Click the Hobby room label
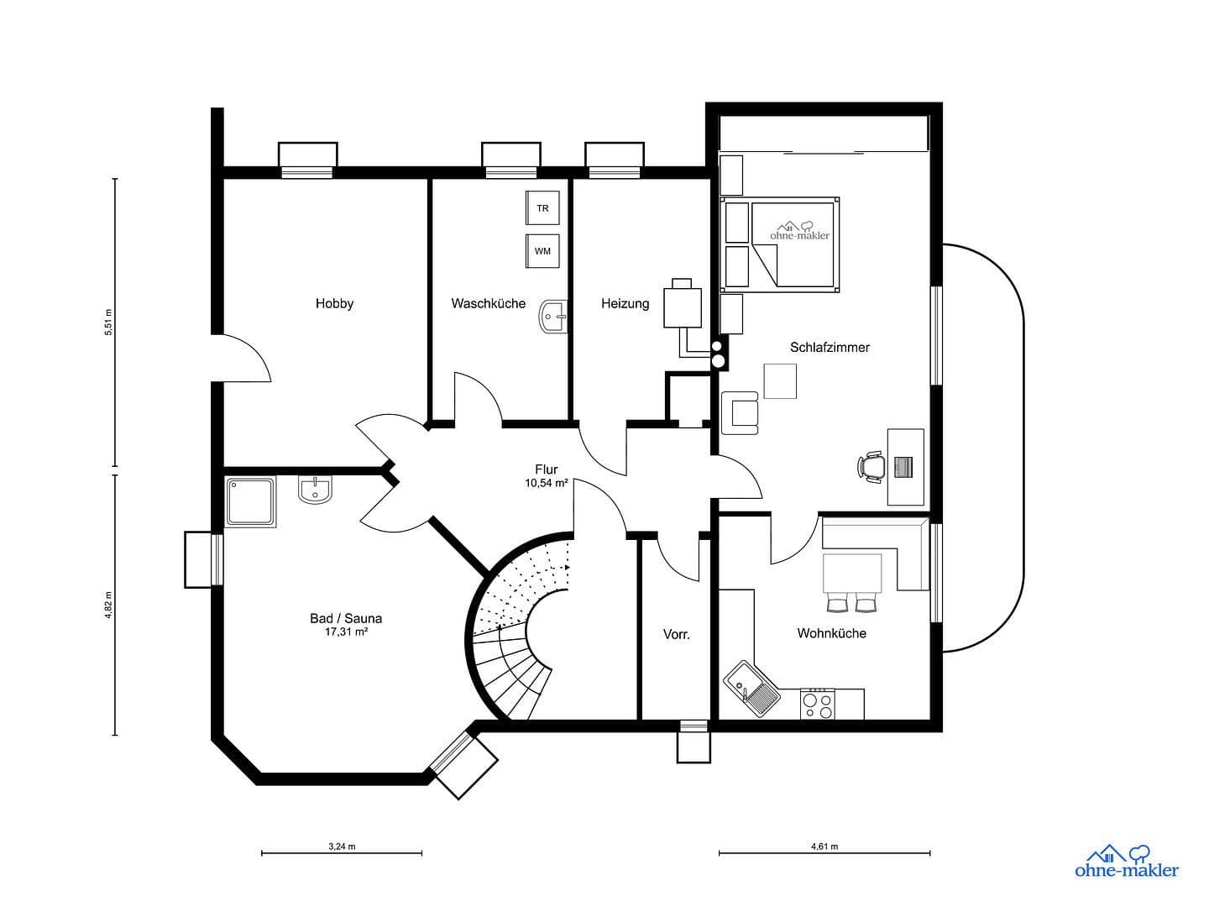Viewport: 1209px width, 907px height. (x=334, y=303)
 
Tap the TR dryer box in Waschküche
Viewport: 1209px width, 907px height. (x=542, y=208)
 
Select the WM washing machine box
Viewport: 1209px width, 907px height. (x=542, y=251)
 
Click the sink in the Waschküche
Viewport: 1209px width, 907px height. (x=555, y=317)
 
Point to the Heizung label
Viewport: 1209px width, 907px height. (x=625, y=303)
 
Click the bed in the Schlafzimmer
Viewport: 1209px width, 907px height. (x=793, y=244)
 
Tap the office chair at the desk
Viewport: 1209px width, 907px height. (x=872, y=466)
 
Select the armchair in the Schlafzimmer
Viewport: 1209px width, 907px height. (x=742, y=414)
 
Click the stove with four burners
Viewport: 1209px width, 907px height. (x=817, y=704)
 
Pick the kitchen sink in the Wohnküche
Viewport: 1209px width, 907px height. (x=751, y=689)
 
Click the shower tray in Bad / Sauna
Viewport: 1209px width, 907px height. (x=251, y=502)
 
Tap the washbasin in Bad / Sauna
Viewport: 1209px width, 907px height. (x=316, y=490)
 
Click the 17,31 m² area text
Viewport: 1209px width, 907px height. (x=346, y=632)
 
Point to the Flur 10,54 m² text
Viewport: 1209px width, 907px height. (x=547, y=476)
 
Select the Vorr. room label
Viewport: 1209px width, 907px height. (x=676, y=635)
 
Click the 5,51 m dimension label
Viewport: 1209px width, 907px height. (x=107, y=322)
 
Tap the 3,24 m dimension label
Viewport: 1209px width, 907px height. (x=342, y=847)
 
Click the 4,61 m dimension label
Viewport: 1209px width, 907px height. (x=824, y=847)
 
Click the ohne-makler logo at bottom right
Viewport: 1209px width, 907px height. (x=1127, y=862)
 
